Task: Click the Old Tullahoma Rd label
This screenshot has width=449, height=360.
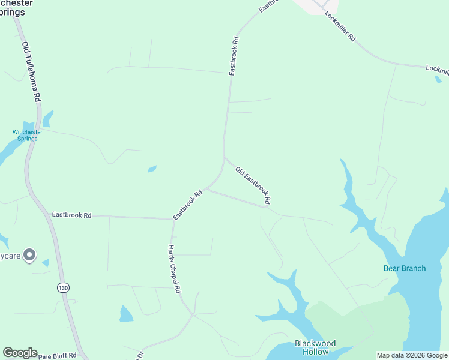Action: pos(31,71)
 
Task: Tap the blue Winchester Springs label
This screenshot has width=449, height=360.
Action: pos(28,135)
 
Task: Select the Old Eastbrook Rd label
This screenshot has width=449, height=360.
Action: pos(253,184)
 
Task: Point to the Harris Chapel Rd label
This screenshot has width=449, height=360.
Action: pos(174,268)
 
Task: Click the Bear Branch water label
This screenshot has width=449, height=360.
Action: pos(405,268)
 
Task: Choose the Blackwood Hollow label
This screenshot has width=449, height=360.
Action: pos(315,347)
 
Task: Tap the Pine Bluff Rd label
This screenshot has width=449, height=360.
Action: pos(58,355)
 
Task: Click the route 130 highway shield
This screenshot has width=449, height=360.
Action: pos(64,288)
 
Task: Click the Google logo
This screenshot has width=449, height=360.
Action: pos(20,353)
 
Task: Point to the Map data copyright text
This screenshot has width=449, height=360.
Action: pos(412,355)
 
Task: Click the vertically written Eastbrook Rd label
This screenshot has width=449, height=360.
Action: pos(235,56)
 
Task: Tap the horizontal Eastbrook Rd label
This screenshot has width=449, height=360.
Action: pos(71,214)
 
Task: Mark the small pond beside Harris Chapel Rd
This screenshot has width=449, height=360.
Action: pos(126,314)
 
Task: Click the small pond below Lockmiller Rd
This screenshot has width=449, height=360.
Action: pos(438,80)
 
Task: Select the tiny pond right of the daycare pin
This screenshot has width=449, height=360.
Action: pos(46,262)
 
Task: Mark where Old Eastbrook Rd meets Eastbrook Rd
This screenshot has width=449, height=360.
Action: pos(224,157)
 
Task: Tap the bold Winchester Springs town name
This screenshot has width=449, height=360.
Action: pos(17,7)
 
